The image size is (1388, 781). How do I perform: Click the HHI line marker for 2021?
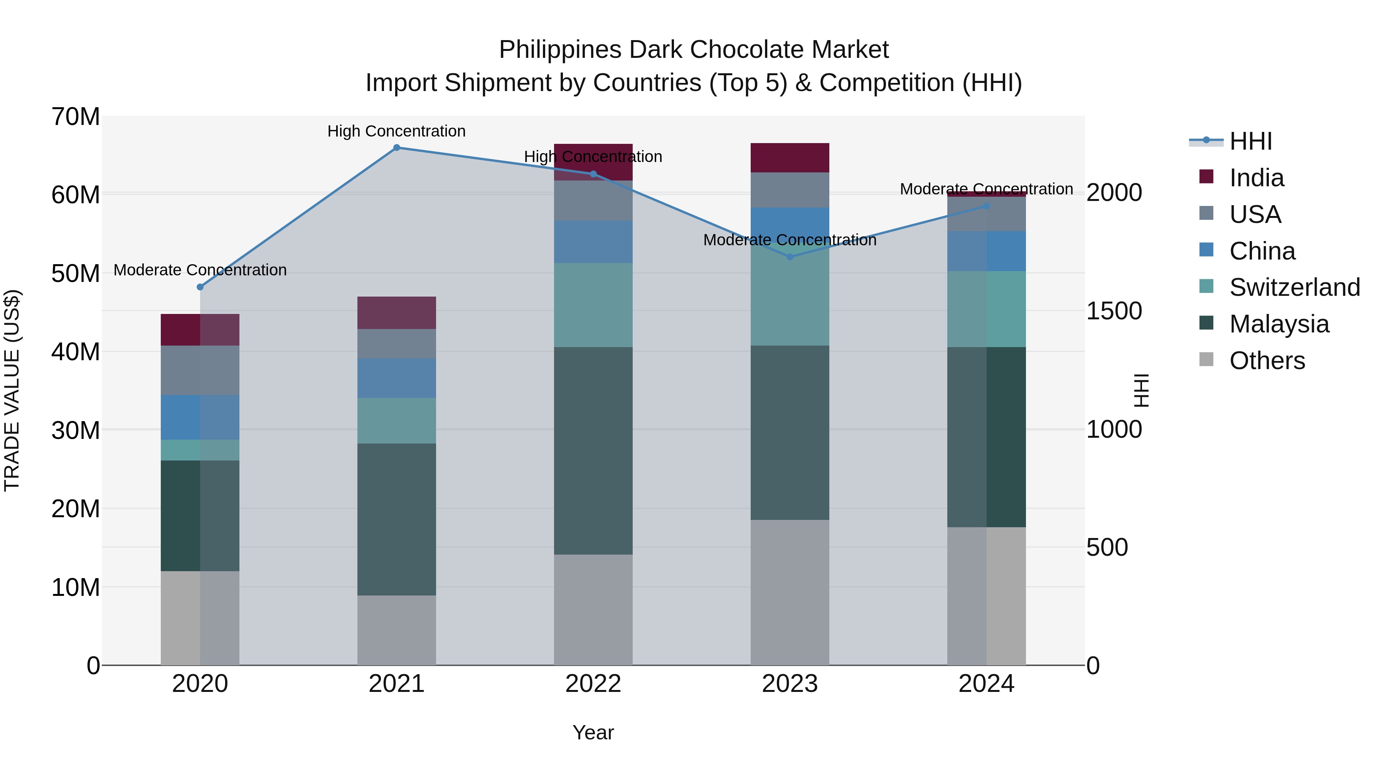click(397, 148)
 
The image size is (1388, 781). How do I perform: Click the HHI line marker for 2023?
click(790, 257)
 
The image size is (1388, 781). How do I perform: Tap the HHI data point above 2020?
click(200, 287)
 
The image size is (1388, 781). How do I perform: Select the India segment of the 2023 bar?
click(790, 158)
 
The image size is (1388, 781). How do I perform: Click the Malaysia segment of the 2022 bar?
click(593, 450)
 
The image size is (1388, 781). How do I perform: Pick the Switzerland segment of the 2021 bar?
click(397, 421)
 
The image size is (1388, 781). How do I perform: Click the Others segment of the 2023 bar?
click(790, 592)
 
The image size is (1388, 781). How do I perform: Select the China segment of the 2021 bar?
click(397, 378)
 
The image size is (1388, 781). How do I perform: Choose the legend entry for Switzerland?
click(1294, 287)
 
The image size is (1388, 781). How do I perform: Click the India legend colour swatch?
click(1206, 177)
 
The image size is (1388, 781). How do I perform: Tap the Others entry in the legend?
click(1267, 361)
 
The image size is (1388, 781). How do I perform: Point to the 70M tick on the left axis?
click(76, 117)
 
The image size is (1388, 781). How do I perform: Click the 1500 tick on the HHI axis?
click(1114, 311)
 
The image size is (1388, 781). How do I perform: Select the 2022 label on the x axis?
click(593, 684)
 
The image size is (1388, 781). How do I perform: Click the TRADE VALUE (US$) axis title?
click(12, 390)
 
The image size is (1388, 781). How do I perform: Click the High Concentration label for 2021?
click(397, 132)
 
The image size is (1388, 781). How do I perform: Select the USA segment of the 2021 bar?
click(397, 344)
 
